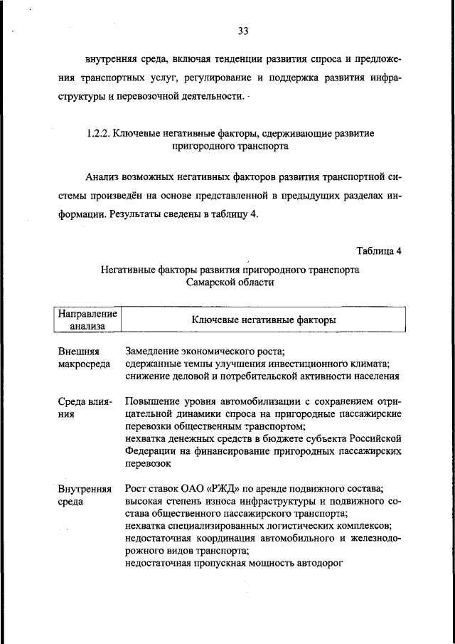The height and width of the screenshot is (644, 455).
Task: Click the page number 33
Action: (242, 31)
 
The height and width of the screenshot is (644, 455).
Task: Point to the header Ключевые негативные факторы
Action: (264, 320)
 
